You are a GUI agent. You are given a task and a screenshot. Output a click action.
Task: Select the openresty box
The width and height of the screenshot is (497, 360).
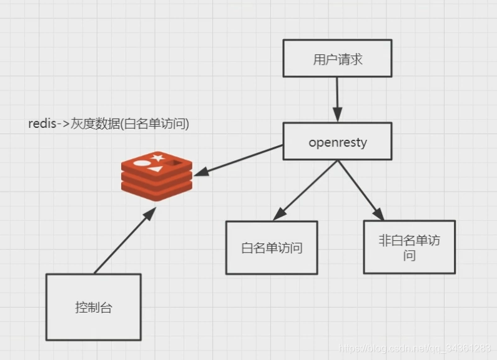(337, 142)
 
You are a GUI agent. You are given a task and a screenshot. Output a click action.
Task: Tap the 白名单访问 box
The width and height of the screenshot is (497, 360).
(272, 247)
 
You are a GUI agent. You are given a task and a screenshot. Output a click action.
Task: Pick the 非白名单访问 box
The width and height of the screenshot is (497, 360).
(409, 246)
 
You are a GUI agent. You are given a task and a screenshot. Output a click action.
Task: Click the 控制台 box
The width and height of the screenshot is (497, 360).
(94, 307)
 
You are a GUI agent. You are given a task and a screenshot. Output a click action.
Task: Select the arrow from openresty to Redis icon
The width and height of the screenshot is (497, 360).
(237, 158)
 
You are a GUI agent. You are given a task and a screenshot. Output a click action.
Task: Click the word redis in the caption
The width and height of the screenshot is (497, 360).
(41, 124)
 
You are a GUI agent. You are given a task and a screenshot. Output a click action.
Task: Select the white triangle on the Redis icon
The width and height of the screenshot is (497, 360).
(156, 168)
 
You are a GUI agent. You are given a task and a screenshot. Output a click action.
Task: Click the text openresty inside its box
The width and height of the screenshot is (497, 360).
(337, 142)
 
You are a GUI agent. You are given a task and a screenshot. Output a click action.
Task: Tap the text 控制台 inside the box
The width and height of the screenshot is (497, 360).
(94, 308)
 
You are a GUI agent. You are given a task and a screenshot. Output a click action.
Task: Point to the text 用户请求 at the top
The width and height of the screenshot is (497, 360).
(337, 61)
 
